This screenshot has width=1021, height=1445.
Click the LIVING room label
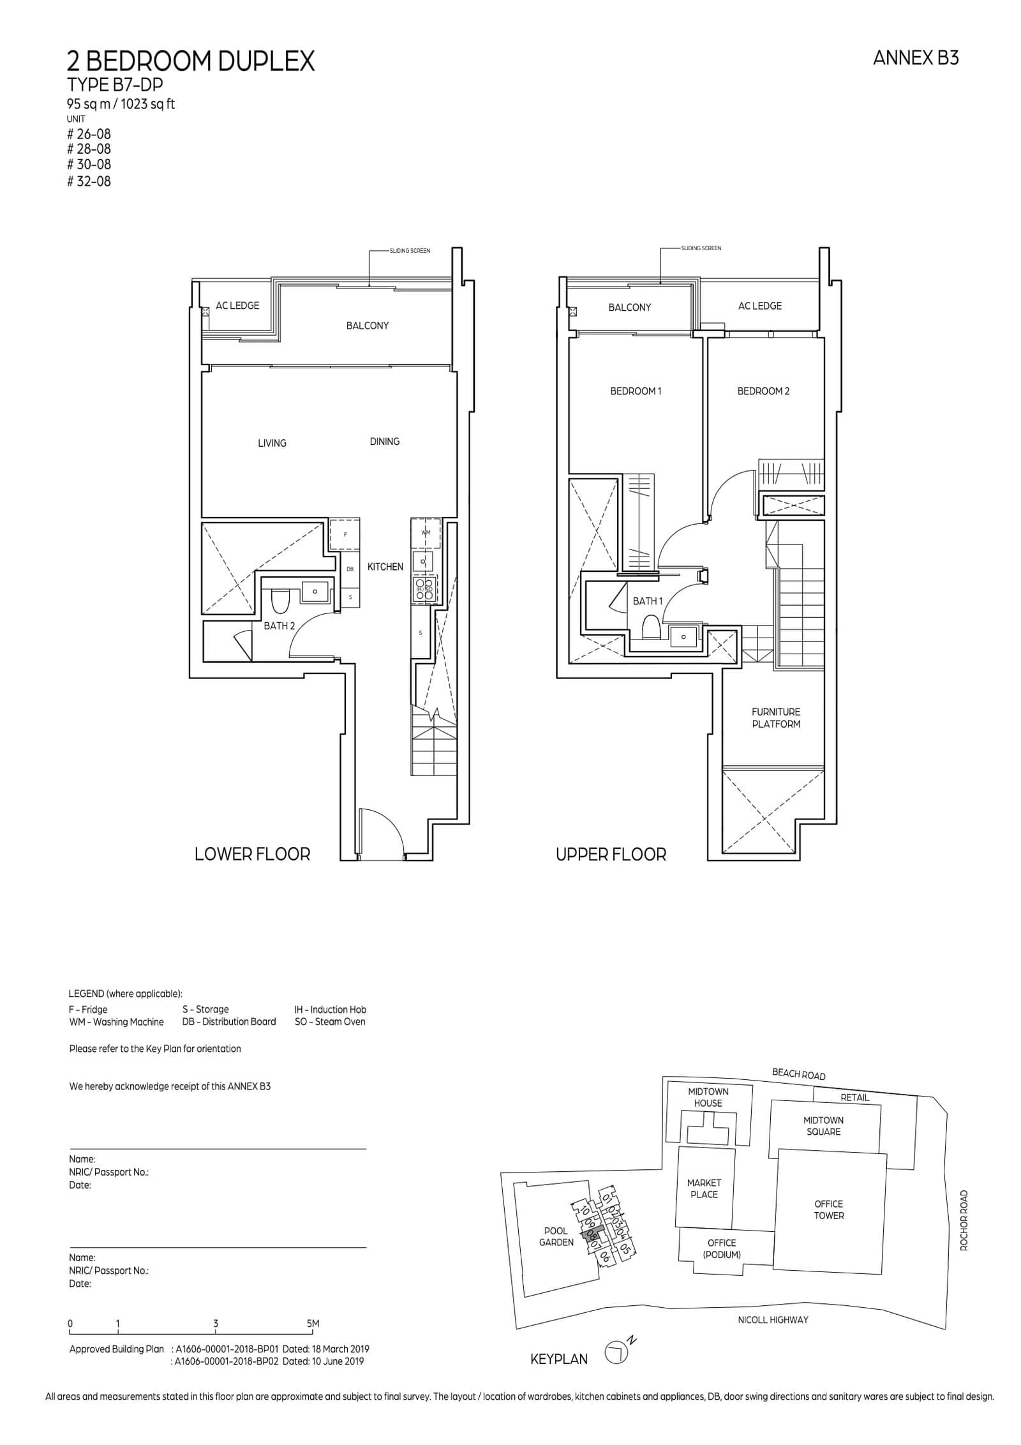click(272, 443)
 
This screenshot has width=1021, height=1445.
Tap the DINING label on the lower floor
click(384, 441)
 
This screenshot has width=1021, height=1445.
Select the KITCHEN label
click(385, 566)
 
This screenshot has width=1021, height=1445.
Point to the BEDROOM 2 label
click(763, 391)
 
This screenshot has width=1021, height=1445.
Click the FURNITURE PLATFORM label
click(775, 717)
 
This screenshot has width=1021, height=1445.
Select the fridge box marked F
click(345, 535)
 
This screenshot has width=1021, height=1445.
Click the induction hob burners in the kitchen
click(425, 588)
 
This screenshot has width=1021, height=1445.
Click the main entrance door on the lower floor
click(381, 833)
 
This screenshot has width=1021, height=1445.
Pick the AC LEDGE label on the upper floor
click(759, 306)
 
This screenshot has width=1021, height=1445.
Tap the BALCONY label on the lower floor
click(367, 326)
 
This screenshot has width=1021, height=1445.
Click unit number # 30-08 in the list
click(89, 165)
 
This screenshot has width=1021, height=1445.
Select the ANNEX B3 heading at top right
click(915, 58)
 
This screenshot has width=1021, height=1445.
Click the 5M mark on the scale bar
click(313, 1323)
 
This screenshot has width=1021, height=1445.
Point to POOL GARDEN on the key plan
click(556, 1236)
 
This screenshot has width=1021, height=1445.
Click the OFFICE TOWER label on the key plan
click(828, 1209)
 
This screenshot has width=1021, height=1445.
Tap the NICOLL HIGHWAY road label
click(773, 1319)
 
